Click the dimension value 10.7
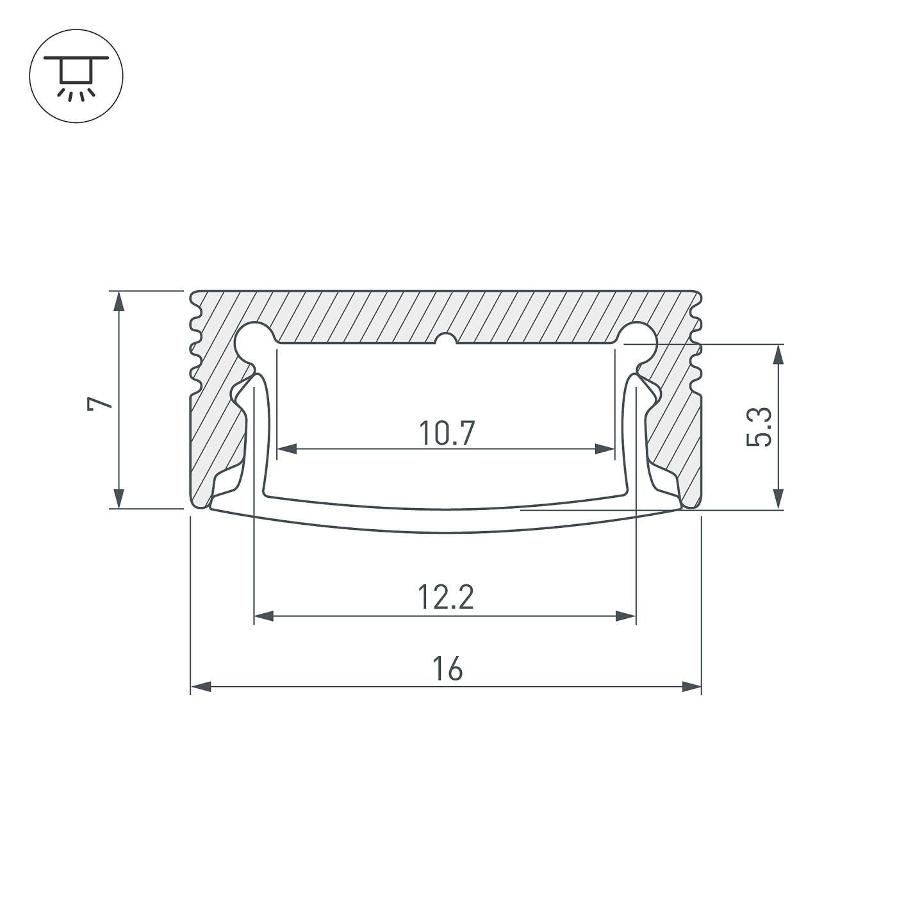(447, 434)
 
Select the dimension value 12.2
(446, 598)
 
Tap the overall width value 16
(447, 670)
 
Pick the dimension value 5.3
(761, 427)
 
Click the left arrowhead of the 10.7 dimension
(286, 448)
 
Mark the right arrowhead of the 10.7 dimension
(605, 448)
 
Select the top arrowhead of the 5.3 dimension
(778, 354)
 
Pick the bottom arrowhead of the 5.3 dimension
(778, 499)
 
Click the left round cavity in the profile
(254, 341)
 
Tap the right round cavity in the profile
(638, 341)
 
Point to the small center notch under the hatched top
(446, 340)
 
